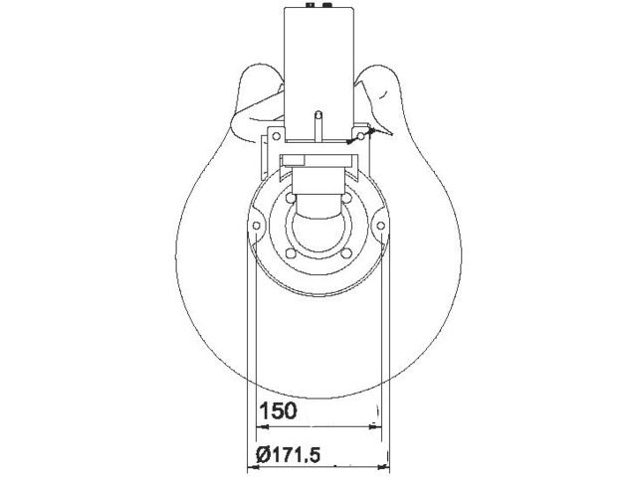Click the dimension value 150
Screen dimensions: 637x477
(279, 410)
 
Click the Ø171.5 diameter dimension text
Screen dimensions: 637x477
(289, 455)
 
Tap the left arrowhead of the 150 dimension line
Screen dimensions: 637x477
(263, 426)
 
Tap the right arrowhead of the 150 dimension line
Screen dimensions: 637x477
(374, 426)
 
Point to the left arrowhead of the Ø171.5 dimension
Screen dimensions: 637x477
(254, 467)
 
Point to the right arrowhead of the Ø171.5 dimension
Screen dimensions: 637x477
(383, 467)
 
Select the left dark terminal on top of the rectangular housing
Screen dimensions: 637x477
(311, 5)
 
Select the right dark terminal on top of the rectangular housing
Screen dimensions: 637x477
(327, 5)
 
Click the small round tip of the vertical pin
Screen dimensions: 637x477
(319, 114)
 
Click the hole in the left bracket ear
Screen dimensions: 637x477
(277, 136)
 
